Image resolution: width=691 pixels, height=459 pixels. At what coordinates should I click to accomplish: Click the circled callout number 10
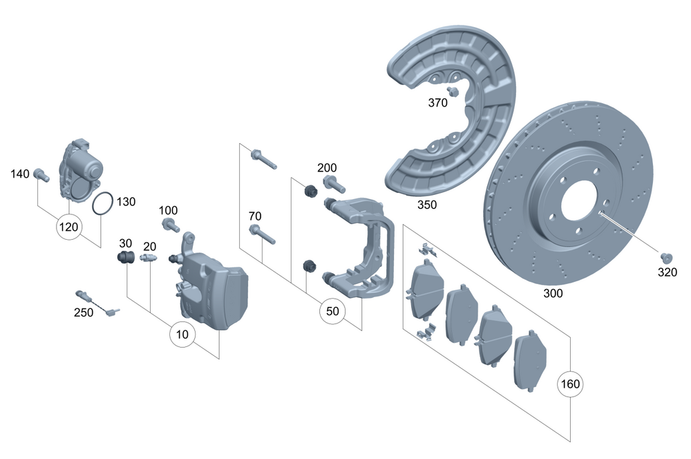182,335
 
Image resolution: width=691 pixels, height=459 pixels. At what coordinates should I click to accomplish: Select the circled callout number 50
332,312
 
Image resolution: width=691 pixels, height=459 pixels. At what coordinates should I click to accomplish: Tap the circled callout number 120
69,227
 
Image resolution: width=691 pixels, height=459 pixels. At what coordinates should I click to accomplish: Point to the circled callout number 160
571,384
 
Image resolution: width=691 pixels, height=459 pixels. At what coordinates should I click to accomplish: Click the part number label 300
553,293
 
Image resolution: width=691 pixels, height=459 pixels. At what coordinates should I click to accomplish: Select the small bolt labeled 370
453,91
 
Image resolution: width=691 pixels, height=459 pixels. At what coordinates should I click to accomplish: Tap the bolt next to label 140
41,176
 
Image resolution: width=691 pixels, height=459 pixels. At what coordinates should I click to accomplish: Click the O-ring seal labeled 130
103,205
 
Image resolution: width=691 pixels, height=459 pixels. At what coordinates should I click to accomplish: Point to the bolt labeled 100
170,225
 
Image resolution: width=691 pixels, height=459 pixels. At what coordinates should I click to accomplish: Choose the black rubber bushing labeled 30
125,259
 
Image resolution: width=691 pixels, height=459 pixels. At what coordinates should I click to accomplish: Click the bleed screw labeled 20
149,259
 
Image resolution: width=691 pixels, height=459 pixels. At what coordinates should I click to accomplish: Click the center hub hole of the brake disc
579,205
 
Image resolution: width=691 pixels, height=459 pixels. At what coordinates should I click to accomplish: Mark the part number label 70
254,216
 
